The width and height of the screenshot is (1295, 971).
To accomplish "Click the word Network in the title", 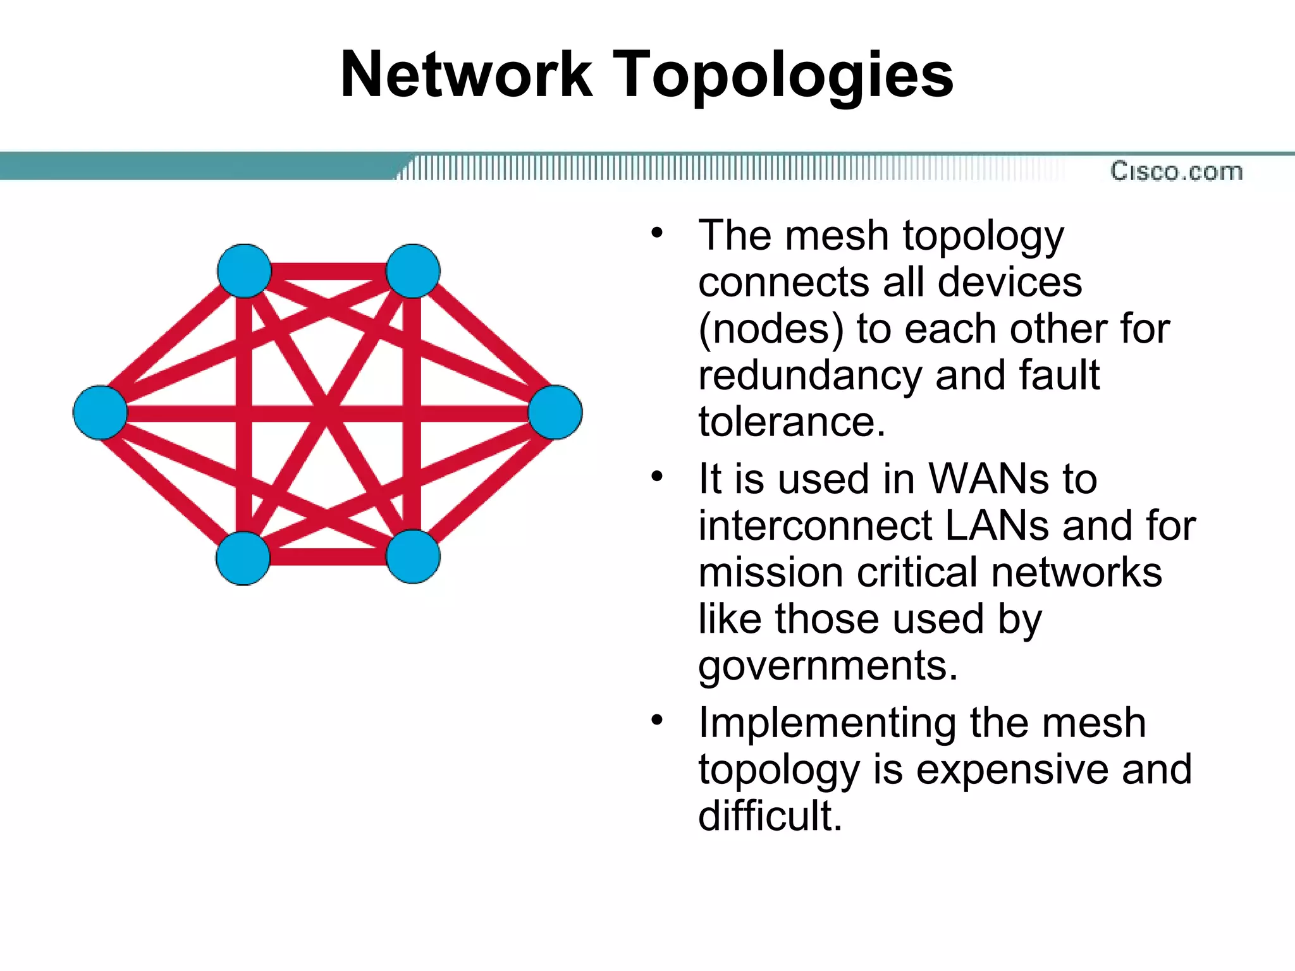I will (x=466, y=75).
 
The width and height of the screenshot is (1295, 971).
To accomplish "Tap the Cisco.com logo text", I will (x=1176, y=171).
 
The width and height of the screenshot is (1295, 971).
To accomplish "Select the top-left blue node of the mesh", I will (x=244, y=271).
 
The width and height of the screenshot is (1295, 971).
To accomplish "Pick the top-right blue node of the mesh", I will (x=413, y=271).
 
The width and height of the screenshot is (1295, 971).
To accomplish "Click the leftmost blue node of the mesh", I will (x=100, y=412).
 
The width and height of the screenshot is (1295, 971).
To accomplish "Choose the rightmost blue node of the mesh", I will (x=555, y=412).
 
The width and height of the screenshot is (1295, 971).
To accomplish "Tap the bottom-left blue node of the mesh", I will (x=243, y=558).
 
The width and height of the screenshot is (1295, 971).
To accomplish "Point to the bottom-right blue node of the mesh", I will (x=413, y=556).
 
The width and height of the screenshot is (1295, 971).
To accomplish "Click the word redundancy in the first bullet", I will (x=810, y=376).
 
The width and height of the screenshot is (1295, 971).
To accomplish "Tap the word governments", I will (x=828, y=666).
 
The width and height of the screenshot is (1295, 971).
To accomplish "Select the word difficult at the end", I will (x=770, y=815).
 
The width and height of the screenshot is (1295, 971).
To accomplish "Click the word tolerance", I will (x=791, y=422).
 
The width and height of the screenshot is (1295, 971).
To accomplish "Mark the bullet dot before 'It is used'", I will (x=658, y=476).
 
